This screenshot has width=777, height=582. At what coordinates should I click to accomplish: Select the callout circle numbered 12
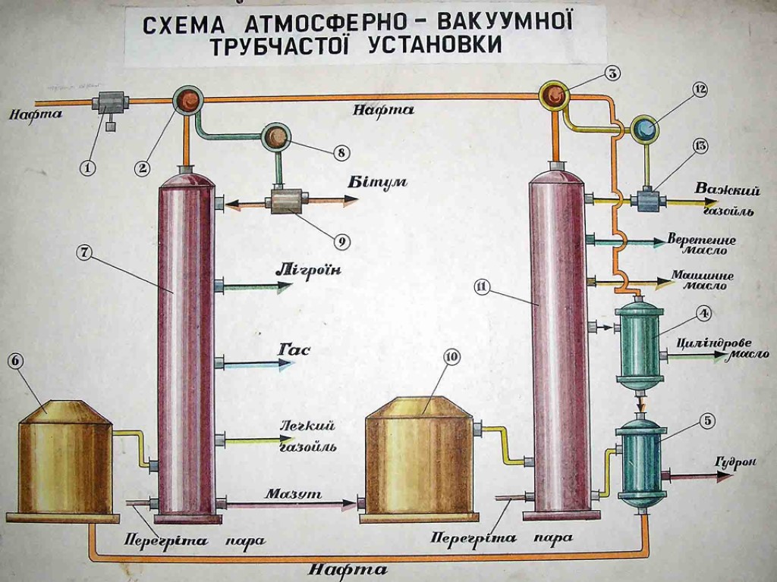coord(699,89)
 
